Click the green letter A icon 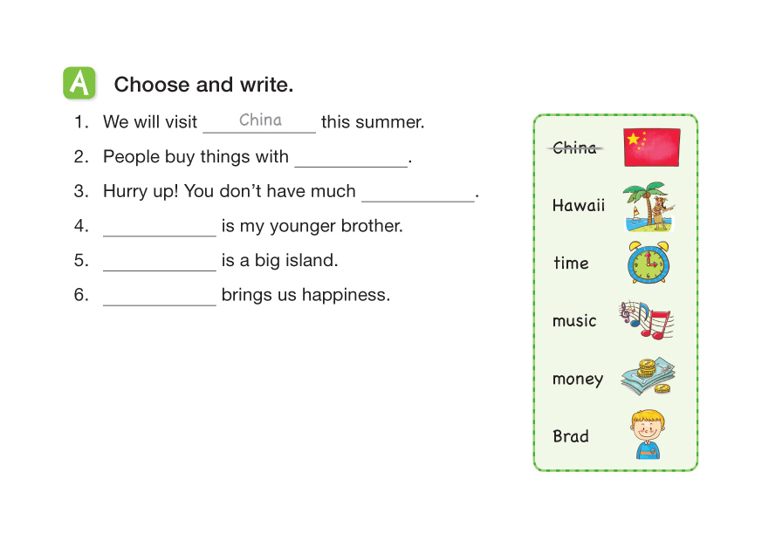pos(79,83)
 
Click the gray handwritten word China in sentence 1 pos(260,120)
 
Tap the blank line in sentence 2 pos(351,167)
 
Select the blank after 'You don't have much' pos(418,202)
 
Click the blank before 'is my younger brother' pos(160,236)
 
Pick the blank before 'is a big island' pos(160,270)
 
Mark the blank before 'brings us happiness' pos(160,305)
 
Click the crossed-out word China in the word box pos(575,147)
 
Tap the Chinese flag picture pos(652,147)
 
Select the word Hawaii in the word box pos(579,205)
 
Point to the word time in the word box pos(571,263)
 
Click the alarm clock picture pos(648,263)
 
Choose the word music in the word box pos(574,321)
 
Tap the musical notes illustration pos(646,319)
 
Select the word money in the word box pos(578,379)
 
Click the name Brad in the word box pos(571,436)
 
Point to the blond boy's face pos(648,427)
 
